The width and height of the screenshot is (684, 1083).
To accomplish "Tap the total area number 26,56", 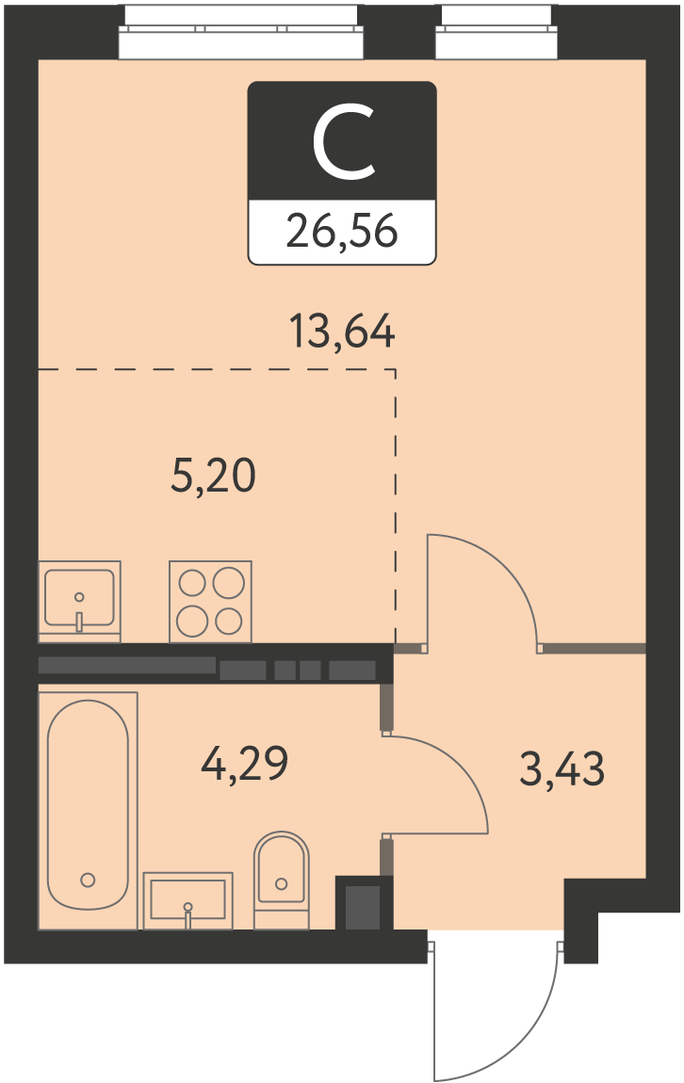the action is click(342, 230).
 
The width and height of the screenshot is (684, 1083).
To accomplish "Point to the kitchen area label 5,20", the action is click(213, 476).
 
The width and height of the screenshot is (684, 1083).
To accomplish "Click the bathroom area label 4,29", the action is click(244, 763).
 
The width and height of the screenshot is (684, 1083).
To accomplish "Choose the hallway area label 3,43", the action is click(562, 768).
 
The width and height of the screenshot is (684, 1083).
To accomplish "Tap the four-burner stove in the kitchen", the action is click(211, 602).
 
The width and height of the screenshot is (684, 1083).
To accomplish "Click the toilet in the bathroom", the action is click(281, 880).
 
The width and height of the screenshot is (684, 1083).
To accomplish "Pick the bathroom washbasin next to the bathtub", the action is click(187, 900).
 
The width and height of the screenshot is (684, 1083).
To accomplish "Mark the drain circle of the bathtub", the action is click(88, 880).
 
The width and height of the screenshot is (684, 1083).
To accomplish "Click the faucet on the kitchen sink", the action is click(79, 614).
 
